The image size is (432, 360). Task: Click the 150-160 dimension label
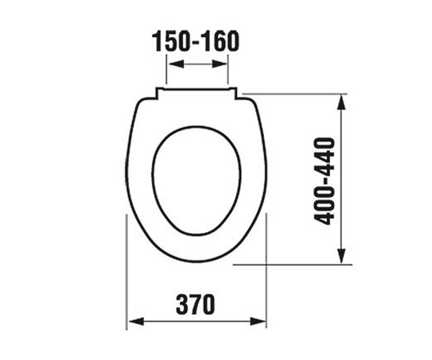tap(195, 41)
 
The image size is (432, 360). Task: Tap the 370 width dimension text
tap(195, 304)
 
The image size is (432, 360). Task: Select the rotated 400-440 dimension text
tap(324, 181)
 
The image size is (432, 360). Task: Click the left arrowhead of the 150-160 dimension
tap(176, 64)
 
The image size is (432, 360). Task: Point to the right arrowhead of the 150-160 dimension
tap(220, 64)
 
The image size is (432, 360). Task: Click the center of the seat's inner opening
tap(197, 180)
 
